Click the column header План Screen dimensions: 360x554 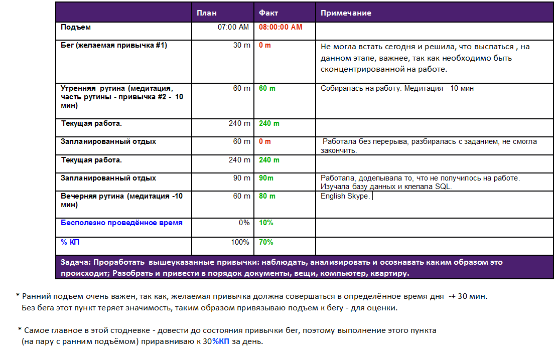click(x=206, y=13)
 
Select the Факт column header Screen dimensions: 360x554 click(x=268, y=13)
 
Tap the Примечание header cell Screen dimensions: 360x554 click(x=346, y=13)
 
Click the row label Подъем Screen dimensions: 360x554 click(x=76, y=27)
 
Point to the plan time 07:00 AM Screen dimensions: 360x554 click(x=233, y=27)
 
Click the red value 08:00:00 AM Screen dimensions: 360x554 click(x=281, y=27)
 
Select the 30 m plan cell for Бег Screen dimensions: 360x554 click(x=242, y=46)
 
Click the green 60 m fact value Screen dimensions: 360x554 click(x=267, y=88)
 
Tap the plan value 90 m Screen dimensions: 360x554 click(x=242, y=178)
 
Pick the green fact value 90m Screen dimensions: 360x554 click(x=266, y=178)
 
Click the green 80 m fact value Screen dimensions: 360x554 click(x=267, y=196)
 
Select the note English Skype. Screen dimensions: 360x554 click(x=345, y=196)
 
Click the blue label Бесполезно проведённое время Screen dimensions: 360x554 click(x=121, y=222)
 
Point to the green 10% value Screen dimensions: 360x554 click(x=266, y=222)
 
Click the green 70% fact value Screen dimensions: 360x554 click(x=266, y=242)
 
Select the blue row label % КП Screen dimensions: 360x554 click(x=70, y=242)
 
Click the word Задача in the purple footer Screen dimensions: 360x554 click(x=75, y=262)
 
